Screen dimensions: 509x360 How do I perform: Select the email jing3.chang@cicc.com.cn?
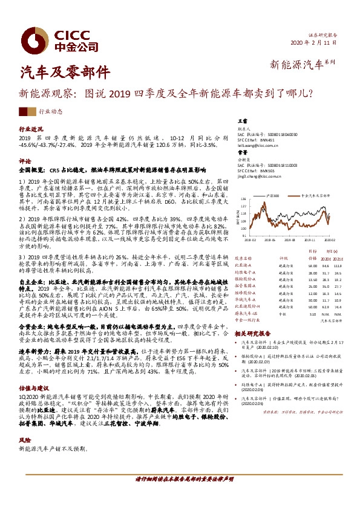258,178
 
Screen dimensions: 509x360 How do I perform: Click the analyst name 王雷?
241,122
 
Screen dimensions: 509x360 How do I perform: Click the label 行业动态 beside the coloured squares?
50,112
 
